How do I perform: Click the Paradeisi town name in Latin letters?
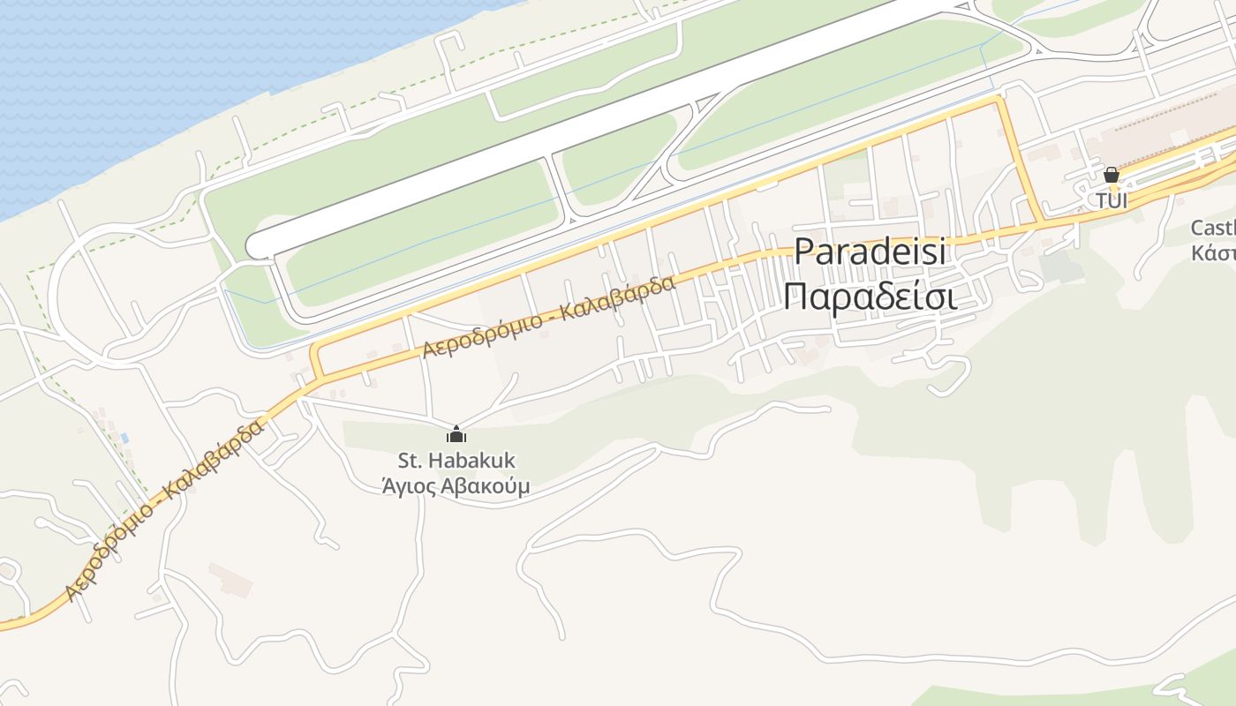point(870,252)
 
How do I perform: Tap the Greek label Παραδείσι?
point(870,297)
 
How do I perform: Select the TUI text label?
point(1112,201)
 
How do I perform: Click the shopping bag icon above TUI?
point(1112,175)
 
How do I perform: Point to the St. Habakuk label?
point(456,461)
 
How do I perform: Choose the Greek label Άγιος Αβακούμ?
point(456,486)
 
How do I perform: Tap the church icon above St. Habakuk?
point(456,434)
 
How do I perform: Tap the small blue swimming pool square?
point(125,438)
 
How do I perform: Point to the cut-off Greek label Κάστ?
point(1214,253)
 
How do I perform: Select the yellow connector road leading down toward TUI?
point(1021,159)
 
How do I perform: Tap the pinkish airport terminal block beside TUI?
point(1165,128)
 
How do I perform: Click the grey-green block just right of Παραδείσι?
point(1060,267)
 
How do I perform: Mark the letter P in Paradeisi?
point(804,252)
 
